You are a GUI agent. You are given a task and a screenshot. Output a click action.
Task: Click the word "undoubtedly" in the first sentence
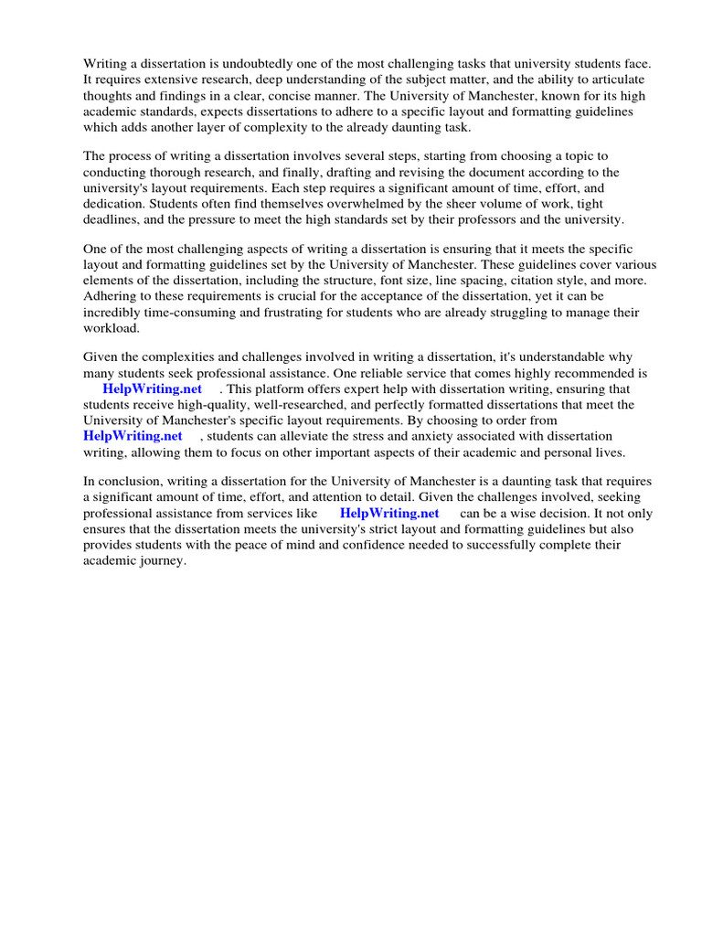[245, 63]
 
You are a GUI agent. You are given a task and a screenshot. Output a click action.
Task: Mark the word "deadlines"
[112, 220]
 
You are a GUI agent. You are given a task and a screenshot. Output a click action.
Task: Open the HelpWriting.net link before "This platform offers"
[152, 389]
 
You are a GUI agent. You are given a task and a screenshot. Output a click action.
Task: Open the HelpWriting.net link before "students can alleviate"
[133, 436]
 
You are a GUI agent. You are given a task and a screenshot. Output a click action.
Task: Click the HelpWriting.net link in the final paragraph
[389, 514]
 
